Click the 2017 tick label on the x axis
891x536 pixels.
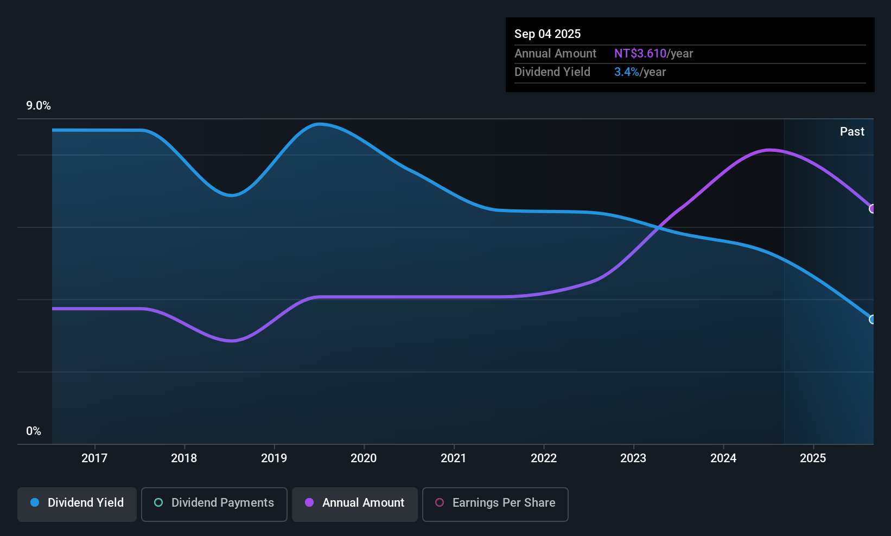[94, 458]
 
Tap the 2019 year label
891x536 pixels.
[274, 458]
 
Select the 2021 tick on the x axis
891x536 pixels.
[454, 458]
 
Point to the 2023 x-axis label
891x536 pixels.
[633, 458]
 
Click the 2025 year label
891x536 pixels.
[813, 458]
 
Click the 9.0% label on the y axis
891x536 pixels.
[39, 106]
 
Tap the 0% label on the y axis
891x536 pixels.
[34, 431]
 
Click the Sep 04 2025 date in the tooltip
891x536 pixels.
[548, 34]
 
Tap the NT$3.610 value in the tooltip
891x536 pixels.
[640, 54]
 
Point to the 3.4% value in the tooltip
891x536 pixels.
[626, 72]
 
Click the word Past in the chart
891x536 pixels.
[852, 132]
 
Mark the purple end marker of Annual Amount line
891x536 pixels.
[873, 209]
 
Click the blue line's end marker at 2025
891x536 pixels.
[873, 320]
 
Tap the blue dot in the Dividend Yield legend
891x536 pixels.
[35, 503]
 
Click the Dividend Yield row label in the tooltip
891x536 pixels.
[552, 72]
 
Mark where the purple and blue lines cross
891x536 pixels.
[658, 228]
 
